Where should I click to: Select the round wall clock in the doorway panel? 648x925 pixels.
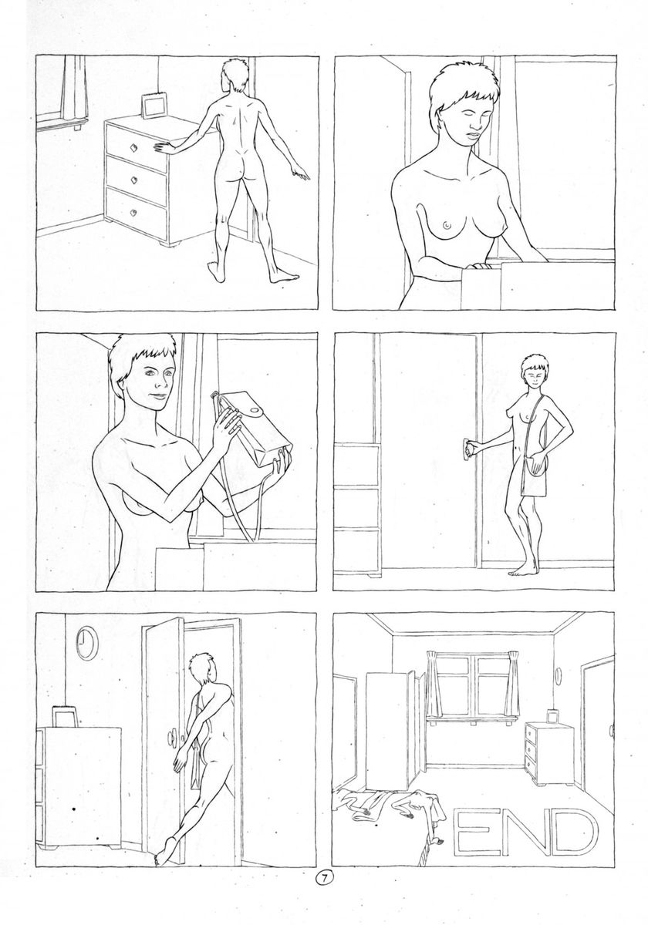[87, 643]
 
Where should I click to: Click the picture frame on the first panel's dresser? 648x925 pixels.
[154, 106]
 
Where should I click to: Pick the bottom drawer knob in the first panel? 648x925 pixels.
[133, 213]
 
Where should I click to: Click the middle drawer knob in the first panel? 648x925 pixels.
[133, 180]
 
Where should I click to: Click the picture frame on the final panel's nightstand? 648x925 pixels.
[552, 715]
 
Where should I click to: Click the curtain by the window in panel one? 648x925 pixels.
[75, 89]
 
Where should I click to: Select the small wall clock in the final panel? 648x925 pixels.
[559, 675]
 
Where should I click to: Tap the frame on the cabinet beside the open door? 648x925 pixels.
[64, 716]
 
